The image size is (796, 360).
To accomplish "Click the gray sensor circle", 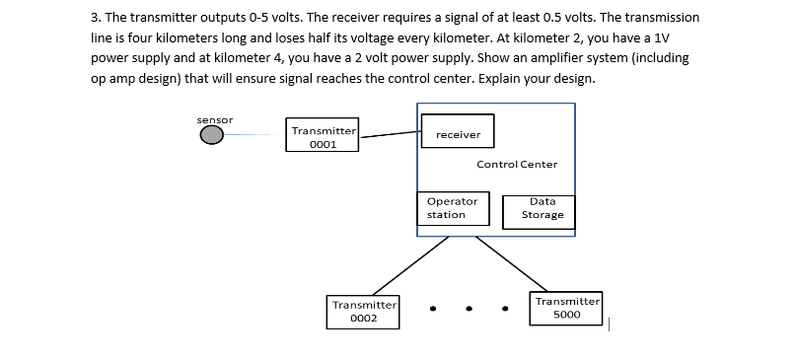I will pos(212,136).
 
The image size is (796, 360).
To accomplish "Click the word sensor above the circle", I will pos(214,119).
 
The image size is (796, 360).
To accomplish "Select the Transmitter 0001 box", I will pos(324,136).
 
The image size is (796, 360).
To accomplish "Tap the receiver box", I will pos(458,133).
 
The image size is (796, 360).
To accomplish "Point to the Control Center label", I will pos(516,164).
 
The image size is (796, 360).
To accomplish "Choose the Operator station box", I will pos(453,207).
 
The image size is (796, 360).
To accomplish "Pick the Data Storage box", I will pos(543,208).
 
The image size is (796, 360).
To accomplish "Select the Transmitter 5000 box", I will pos(567,308).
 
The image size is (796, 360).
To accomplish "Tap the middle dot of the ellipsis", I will pos(470,308).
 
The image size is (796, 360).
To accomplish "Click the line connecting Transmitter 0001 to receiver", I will pos(390,134).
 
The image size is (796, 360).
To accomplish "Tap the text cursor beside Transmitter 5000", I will pos(611,322).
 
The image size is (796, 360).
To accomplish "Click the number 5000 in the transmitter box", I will pos(567,316).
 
